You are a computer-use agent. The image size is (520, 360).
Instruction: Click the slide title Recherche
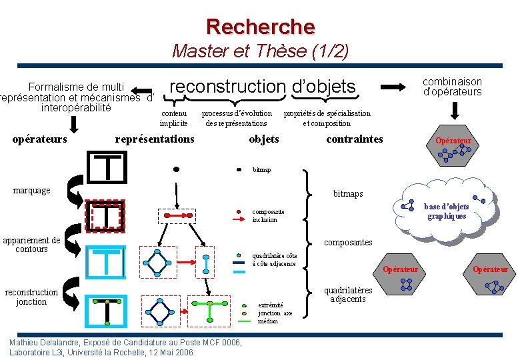(260, 26)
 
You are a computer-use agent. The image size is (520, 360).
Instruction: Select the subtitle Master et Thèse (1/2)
(260, 51)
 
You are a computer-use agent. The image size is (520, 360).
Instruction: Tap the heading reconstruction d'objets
(263, 86)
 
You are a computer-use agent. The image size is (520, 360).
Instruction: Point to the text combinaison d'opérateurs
(453, 87)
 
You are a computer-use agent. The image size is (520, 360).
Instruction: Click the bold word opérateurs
(41, 139)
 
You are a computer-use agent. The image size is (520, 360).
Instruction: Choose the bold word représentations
(155, 139)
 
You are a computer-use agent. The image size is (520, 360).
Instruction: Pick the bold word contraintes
(355, 139)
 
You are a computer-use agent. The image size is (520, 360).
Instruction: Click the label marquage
(32, 191)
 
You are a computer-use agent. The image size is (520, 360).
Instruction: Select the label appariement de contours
(31, 245)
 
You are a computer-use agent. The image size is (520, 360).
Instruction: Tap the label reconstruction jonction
(31, 297)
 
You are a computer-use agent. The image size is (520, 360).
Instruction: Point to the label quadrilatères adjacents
(348, 295)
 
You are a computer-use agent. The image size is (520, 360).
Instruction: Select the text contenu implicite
(174, 118)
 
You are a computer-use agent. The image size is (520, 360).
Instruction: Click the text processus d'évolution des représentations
(237, 118)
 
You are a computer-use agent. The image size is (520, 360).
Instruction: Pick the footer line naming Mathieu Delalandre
(125, 342)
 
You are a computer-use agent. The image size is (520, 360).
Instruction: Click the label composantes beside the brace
(348, 243)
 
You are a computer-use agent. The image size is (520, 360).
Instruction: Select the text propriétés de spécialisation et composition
(327, 118)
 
